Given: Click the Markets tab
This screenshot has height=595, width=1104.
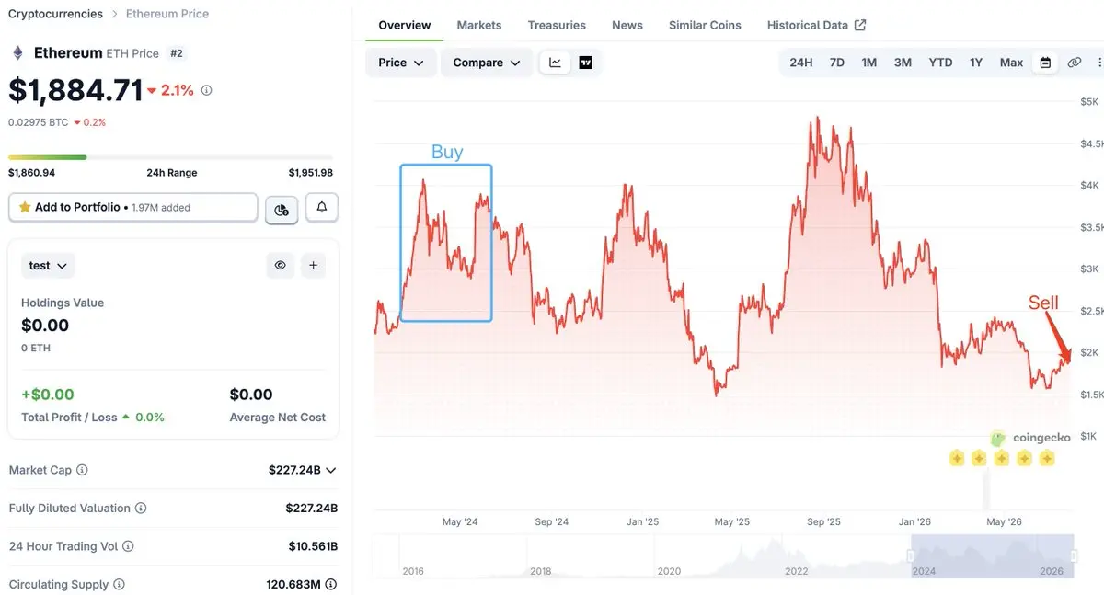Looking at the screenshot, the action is click(x=478, y=25).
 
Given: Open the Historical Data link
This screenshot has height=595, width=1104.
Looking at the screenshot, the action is click(x=816, y=25).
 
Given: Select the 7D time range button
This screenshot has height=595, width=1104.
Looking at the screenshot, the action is click(x=836, y=63).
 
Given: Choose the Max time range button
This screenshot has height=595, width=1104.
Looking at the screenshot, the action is click(x=1011, y=63).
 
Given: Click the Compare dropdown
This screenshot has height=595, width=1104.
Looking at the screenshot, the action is click(x=486, y=63).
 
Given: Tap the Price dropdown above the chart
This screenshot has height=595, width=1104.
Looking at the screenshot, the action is click(x=401, y=63).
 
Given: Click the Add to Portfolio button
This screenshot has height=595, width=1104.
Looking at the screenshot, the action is click(x=133, y=207).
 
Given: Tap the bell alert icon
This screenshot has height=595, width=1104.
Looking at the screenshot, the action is click(x=321, y=207).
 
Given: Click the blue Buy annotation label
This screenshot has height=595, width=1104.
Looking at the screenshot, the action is click(x=447, y=152).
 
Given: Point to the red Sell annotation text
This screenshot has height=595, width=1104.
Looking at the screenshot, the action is click(x=1043, y=303).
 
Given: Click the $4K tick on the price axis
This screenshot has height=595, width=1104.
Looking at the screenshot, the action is click(x=1089, y=185).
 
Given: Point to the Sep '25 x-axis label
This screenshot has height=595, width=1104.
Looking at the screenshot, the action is click(x=823, y=521).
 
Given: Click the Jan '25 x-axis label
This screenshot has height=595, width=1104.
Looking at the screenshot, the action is click(x=642, y=521).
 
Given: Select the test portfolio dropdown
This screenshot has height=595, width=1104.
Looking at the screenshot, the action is click(x=48, y=266).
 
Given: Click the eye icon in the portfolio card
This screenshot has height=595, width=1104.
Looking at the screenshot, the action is click(x=280, y=265).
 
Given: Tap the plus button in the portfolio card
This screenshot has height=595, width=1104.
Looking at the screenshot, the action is click(x=313, y=265).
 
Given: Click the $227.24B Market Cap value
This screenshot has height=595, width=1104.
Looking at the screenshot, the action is click(x=294, y=470).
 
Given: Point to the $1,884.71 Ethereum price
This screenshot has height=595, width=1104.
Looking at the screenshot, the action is click(x=75, y=91).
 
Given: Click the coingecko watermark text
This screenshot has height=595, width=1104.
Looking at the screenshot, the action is click(x=1041, y=438).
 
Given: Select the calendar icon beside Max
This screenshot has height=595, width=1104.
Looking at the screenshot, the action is click(x=1045, y=63).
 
